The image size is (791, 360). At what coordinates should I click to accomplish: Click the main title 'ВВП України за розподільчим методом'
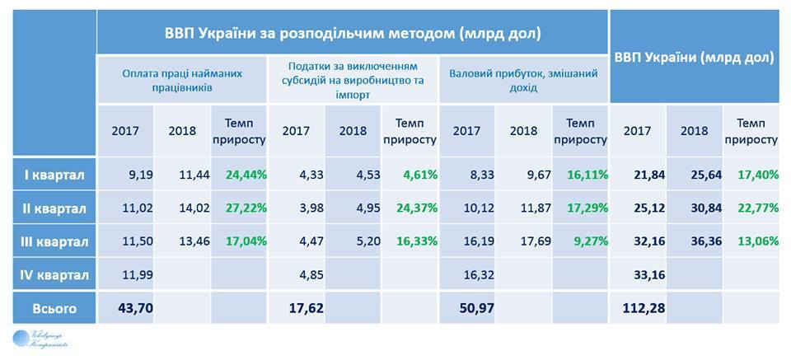point(352,33)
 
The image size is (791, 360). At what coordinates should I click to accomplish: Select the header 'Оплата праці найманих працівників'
point(183,79)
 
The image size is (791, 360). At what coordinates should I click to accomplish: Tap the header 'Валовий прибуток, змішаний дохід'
point(522,79)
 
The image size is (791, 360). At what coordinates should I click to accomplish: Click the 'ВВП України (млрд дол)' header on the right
point(695,58)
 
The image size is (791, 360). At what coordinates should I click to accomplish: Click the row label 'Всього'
point(54,309)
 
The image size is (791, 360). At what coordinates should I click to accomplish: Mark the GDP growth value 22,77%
point(755,208)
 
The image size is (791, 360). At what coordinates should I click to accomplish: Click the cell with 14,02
point(184,208)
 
